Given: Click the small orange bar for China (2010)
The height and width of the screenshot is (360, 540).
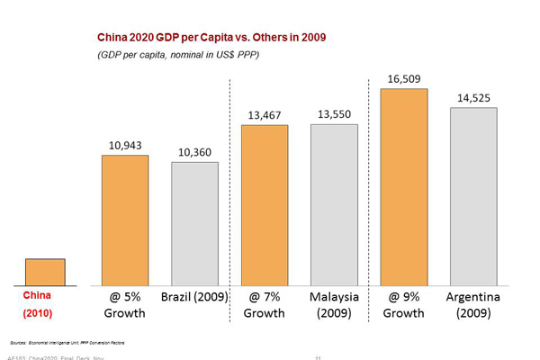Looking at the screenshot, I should point(45,272).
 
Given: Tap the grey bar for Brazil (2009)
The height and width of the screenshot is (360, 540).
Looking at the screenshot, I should point(194,223).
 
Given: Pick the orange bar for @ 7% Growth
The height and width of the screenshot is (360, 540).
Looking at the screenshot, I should point(265,204).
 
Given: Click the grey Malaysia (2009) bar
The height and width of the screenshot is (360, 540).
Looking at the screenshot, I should point(334,204).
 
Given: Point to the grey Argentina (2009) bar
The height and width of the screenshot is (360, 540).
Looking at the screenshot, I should point(473,196).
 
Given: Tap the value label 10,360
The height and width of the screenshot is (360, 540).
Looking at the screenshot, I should point(194,152).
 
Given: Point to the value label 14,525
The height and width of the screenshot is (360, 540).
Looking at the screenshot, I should point(473,98).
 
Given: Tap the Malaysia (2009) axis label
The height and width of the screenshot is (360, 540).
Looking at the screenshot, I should point(334,304).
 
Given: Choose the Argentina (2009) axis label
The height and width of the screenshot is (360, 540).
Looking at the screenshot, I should point(473,304).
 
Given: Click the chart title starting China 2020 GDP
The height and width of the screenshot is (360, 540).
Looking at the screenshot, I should point(211,38).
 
